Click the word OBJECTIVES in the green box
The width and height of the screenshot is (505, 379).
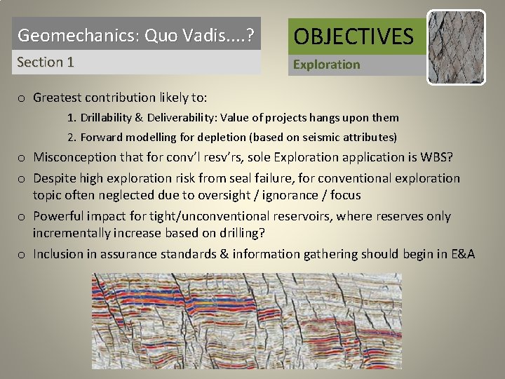click(x=353, y=35)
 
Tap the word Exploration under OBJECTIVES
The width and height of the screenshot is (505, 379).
click(x=326, y=65)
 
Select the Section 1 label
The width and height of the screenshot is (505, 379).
click(x=46, y=62)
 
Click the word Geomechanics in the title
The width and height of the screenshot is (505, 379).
click(x=60, y=34)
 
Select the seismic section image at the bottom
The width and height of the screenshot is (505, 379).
click(x=247, y=321)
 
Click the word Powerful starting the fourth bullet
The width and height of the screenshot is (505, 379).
click(x=60, y=216)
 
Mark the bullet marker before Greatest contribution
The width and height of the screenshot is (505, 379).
click(x=22, y=98)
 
